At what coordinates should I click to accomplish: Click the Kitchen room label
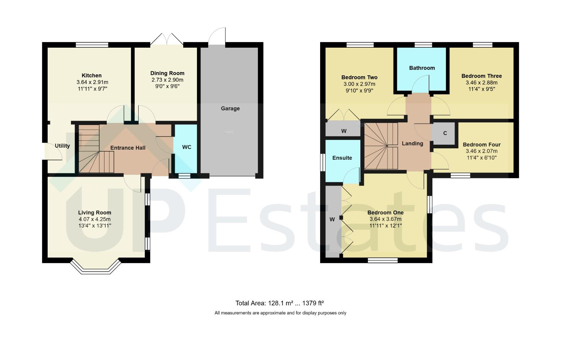[92, 75]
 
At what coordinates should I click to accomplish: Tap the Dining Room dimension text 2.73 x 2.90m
[167, 80]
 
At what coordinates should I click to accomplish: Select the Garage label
[230, 108]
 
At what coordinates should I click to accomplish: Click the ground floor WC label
[187, 147]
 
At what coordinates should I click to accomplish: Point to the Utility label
[62, 146]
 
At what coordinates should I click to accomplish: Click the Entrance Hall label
[128, 148]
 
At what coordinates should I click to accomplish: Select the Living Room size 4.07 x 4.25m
[95, 219]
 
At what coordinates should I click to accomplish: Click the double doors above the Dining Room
[167, 39]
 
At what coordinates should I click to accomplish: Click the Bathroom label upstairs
[422, 68]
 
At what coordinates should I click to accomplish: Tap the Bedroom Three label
[481, 76]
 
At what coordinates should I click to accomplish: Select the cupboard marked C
[445, 133]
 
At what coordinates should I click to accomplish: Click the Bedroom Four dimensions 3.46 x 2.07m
[481, 151]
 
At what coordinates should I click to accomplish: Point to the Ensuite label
[342, 158]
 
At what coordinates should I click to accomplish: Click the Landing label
[412, 144]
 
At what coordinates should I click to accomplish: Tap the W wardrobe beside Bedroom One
[332, 219]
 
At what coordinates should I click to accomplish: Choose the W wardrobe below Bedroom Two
[344, 131]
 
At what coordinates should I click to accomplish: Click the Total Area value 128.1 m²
[279, 303]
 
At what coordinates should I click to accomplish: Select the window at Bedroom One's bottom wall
[382, 260]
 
